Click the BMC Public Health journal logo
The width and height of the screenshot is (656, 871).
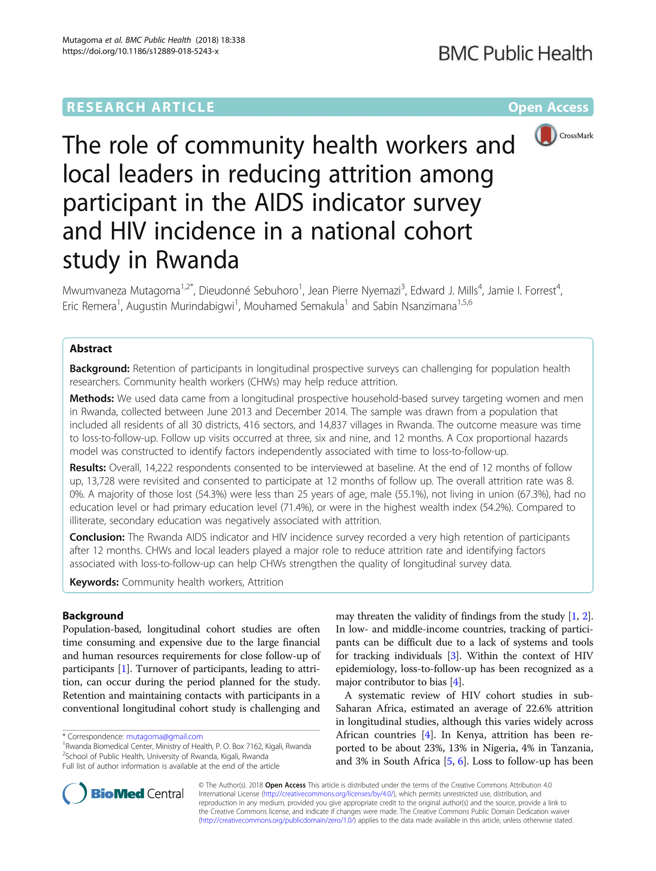(515, 54)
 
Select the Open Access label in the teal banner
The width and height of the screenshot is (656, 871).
(548, 107)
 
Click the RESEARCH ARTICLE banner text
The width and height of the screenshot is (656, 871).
(141, 107)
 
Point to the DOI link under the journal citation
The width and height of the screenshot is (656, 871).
(140, 51)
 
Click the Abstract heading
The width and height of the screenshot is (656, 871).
(91, 349)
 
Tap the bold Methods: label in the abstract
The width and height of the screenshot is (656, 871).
(91, 398)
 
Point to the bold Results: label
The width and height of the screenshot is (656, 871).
(88, 467)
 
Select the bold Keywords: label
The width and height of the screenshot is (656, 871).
(94, 582)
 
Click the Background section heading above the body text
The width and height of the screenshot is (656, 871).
(93, 616)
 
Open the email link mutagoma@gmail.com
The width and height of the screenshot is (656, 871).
(164, 737)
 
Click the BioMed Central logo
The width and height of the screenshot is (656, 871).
(123, 794)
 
